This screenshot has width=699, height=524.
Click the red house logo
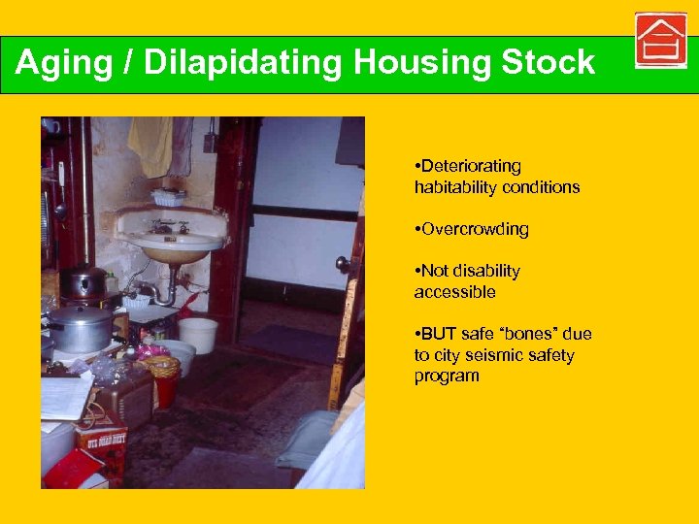(660, 41)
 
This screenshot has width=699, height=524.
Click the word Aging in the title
(59, 63)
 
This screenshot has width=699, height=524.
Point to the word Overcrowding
(474, 229)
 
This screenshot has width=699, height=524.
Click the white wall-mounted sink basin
(170, 236)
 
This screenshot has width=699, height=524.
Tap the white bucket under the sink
(197, 335)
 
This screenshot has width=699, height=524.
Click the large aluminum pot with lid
(82, 325)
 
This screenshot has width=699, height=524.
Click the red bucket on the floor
(166, 389)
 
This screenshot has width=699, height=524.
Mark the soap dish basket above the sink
(168, 197)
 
